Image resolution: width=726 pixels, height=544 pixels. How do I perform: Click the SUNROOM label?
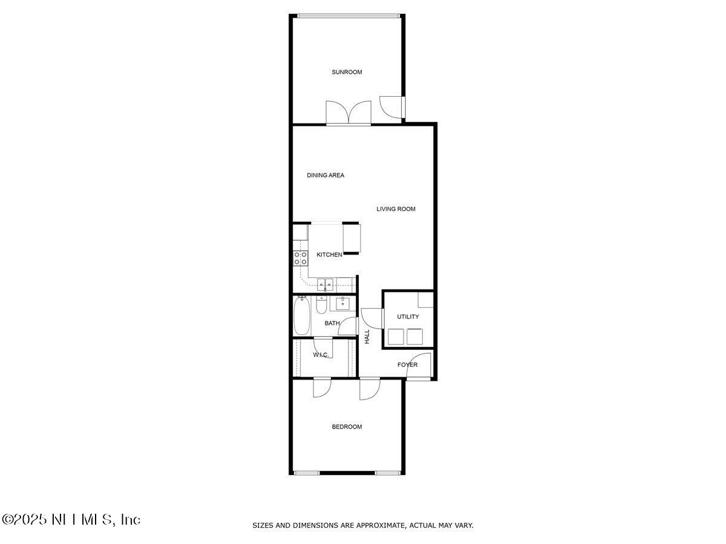pos(347,73)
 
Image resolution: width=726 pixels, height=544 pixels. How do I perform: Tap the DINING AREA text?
pos(325,176)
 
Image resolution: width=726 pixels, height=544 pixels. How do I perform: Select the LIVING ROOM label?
pos(396,209)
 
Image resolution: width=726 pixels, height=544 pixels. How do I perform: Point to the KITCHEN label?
pos(329,255)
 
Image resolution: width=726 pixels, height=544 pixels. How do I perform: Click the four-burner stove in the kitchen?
pos(300,259)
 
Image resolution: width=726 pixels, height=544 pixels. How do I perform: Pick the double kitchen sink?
pos(325,283)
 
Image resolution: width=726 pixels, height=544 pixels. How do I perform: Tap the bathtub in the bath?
pos(302,316)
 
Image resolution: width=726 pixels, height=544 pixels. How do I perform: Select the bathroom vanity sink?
pos(342,302)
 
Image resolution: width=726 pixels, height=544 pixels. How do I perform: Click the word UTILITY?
pos(407,317)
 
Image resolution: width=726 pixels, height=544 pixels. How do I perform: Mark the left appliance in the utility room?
pos(396,336)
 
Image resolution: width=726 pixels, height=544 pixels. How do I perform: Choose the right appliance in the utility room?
pos(415,336)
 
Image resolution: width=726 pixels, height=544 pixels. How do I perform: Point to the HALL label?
pos(367,337)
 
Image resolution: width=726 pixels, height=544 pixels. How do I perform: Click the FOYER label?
pos(407,365)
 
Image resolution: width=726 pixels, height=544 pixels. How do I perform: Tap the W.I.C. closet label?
pos(321,355)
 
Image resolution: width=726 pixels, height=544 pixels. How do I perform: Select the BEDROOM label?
pos(347,427)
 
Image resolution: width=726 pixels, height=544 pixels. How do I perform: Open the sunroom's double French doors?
pos(348,114)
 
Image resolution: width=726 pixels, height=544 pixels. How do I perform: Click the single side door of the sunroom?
pos(391,106)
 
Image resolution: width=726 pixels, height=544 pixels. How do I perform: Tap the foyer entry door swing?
pos(419,368)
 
